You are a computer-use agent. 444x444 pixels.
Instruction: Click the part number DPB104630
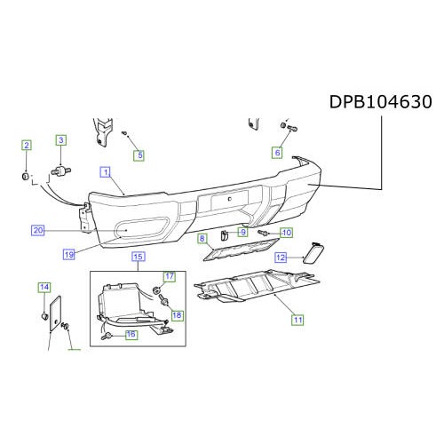381,102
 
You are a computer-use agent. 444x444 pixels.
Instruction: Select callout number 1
106,171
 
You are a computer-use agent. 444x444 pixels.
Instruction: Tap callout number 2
27,145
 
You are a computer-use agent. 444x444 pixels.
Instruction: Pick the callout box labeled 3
61,140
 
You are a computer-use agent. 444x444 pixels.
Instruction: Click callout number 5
139,155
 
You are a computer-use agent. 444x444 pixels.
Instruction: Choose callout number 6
277,153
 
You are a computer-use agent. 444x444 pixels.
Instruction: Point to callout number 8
202,239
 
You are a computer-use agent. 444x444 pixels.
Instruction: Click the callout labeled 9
243,232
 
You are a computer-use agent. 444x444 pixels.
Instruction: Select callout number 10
287,233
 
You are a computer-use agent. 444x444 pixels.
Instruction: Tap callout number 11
297,320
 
